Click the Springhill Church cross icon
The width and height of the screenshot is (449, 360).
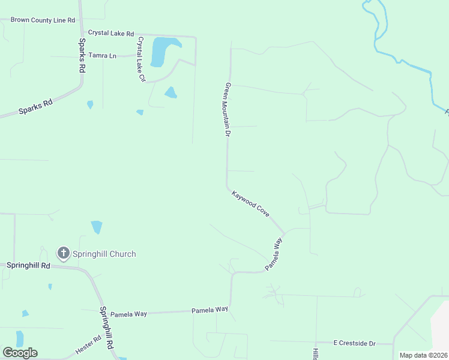point(64,253)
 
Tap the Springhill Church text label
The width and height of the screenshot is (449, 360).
point(104,254)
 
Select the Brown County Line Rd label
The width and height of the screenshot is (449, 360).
point(43,20)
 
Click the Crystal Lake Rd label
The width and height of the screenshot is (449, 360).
point(111,33)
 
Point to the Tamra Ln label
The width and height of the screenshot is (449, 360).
point(102,55)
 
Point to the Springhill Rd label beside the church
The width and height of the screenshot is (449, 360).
point(28,265)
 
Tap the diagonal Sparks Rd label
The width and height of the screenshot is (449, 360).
point(35,107)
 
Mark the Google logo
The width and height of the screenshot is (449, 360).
point(20,352)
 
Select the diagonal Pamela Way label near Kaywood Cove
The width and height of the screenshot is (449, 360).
point(274,254)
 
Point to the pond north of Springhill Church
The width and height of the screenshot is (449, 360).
point(97,227)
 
